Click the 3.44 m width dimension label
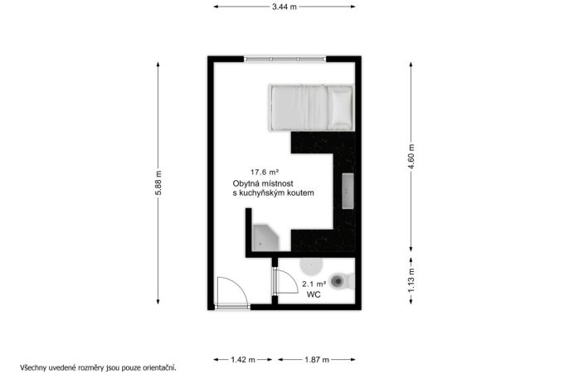pyautogui.click(x=284, y=7)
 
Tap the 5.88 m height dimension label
pyautogui.click(x=158, y=182)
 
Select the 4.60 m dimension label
pyautogui.click(x=411, y=157)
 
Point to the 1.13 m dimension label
pyautogui.click(x=411, y=280)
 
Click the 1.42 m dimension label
pyautogui.click(x=243, y=360)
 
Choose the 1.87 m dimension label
pyautogui.click(x=317, y=360)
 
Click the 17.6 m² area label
pyautogui.click(x=265, y=172)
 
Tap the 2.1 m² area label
pyautogui.click(x=314, y=284)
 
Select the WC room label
pyautogui.click(x=314, y=294)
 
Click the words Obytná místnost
pyautogui.click(x=263, y=183)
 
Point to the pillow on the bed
pyautogui.click(x=340, y=107)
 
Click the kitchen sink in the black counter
pyautogui.click(x=348, y=191)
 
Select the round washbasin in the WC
pyautogui.click(x=311, y=266)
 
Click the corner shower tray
pyautogui.click(x=265, y=237)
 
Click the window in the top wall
pyautogui.click(x=285, y=59)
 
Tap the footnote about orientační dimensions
pyautogui.click(x=98, y=367)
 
